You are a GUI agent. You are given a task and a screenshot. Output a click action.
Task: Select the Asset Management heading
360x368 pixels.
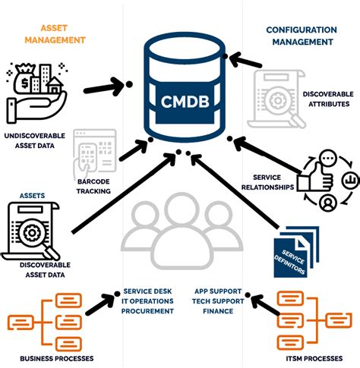(x=52, y=35)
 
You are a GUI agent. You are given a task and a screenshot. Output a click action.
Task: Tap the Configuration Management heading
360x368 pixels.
(x=302, y=35)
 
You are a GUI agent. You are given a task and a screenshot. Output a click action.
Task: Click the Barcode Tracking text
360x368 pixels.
(x=93, y=187)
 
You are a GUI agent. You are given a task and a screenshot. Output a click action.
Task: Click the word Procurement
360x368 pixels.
(x=147, y=310)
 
